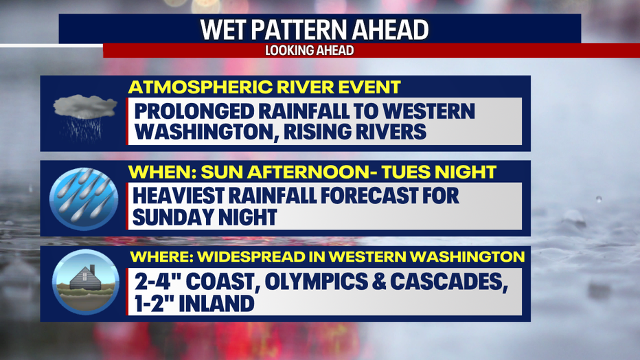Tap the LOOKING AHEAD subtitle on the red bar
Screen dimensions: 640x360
(310, 50)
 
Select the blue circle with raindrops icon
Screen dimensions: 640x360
(84, 199)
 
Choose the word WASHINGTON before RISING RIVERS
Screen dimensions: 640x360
(206, 132)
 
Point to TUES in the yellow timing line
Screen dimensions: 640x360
(405, 172)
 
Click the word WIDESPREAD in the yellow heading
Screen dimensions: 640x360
(257, 257)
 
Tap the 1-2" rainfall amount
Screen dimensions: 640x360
(154, 303)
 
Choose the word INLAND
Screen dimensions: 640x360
(217, 303)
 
